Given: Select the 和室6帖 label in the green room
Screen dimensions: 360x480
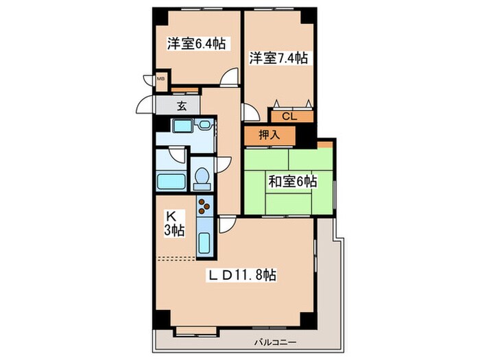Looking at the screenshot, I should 292,182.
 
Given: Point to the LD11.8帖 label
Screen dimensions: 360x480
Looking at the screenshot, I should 243,276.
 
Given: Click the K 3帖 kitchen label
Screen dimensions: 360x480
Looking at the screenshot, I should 173,223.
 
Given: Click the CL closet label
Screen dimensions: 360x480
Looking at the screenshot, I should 290,116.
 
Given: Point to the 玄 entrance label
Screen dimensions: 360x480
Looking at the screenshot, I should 182,106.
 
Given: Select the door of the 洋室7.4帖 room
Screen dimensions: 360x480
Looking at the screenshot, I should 250,112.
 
